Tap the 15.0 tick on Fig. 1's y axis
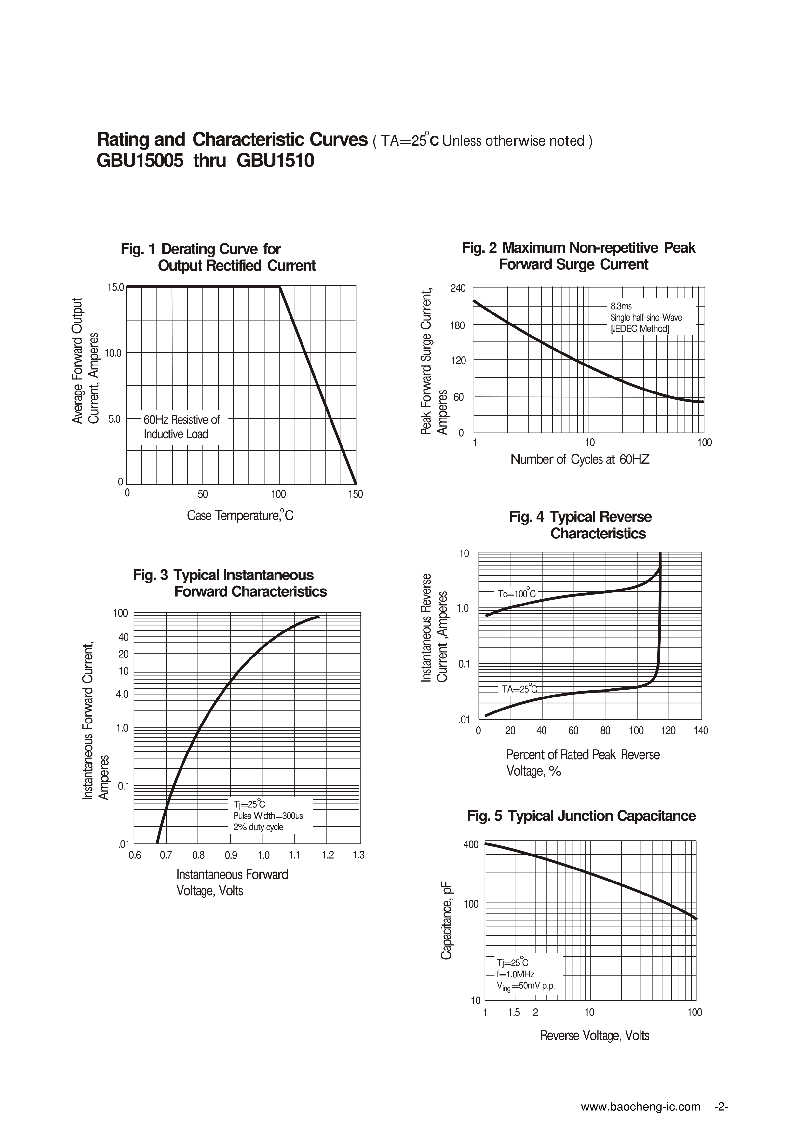(x=115, y=287)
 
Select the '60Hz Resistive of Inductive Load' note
(x=182, y=427)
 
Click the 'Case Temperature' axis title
(x=240, y=515)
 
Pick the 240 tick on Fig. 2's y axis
(x=458, y=288)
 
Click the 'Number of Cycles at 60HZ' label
(x=580, y=459)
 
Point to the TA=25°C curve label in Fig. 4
(x=519, y=689)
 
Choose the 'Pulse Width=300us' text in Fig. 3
(x=268, y=816)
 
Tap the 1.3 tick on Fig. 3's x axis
(x=358, y=855)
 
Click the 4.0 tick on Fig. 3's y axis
(x=122, y=694)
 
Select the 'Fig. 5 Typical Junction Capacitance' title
(x=581, y=816)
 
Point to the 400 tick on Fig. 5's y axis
(x=471, y=844)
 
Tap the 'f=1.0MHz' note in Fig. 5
(x=515, y=974)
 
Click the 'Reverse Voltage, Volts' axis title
(x=595, y=1036)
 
